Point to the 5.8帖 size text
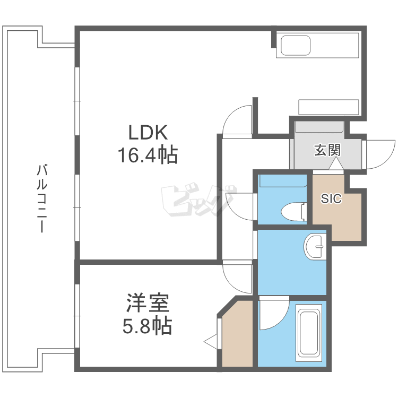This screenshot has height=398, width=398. coord(147,325)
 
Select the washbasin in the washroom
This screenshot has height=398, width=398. coord(317,247)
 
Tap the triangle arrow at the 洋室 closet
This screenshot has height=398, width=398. coord(211,341)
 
